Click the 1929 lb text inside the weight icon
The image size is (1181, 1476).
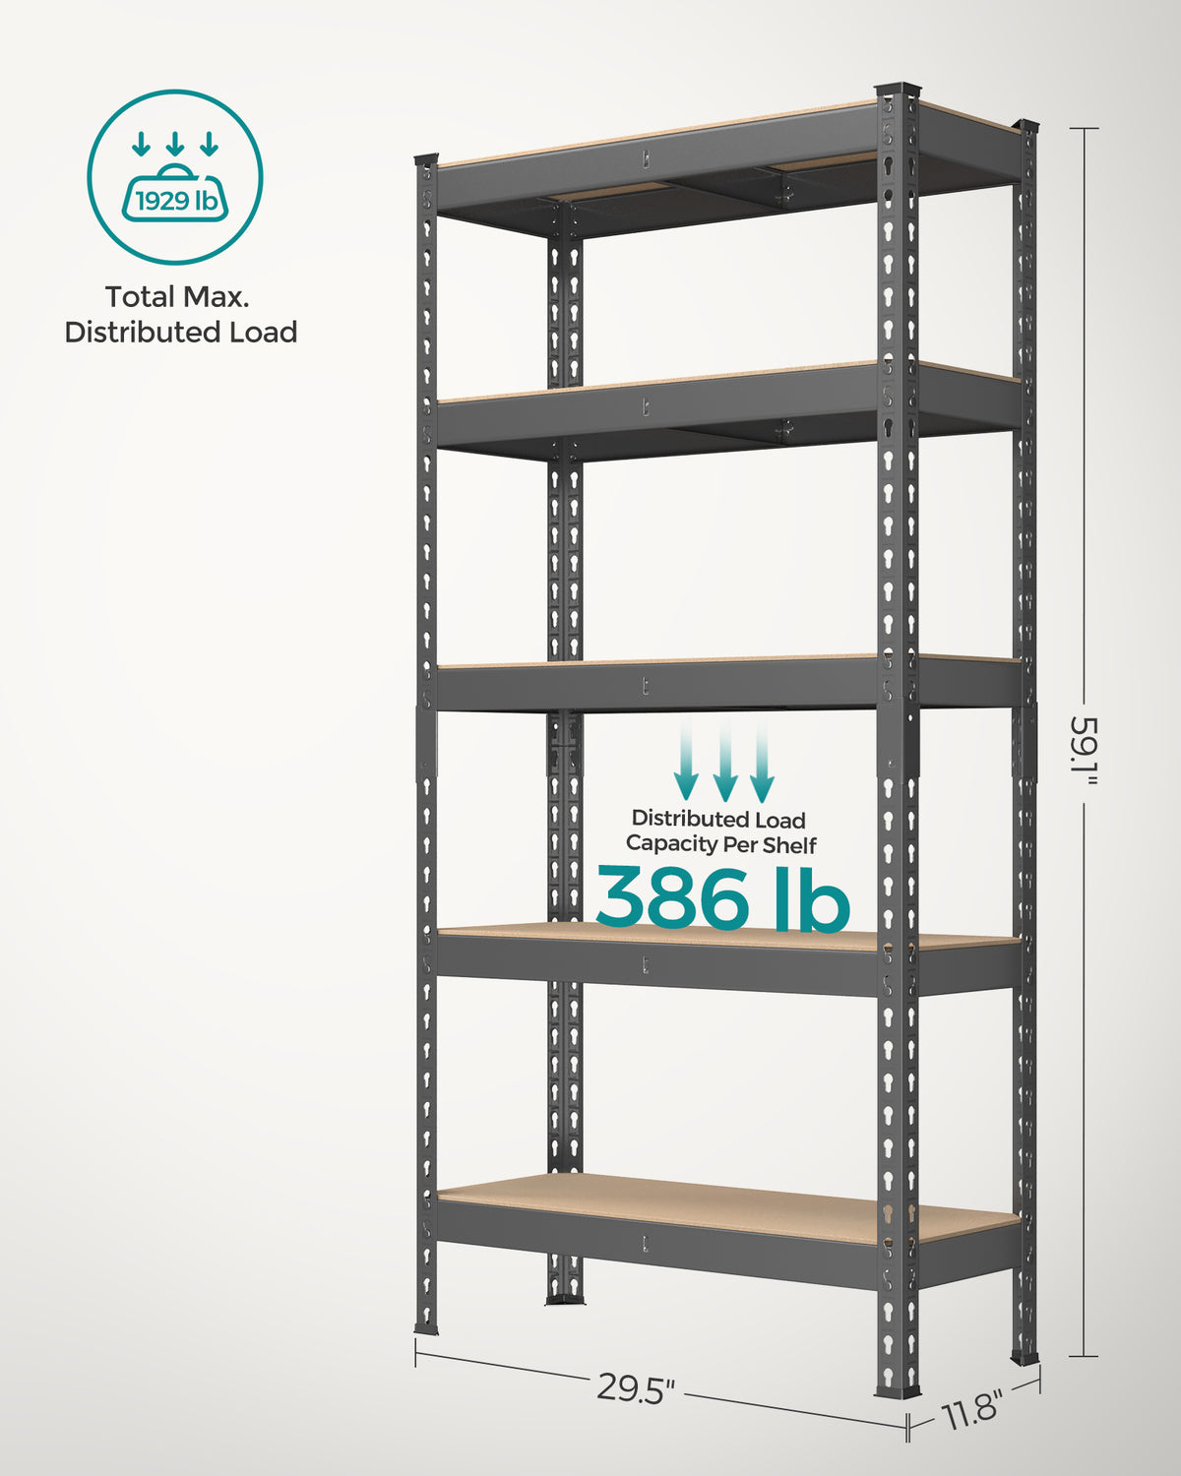(176, 201)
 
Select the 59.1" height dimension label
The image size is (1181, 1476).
(1084, 753)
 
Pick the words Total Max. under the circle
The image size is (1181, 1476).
(177, 297)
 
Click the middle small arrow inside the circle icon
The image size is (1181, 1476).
(175, 144)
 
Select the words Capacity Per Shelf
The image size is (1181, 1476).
(720, 844)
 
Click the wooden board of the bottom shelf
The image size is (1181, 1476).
(727, 1207)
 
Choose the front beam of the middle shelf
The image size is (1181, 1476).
(656, 687)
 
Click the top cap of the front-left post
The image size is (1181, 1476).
(425, 159)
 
